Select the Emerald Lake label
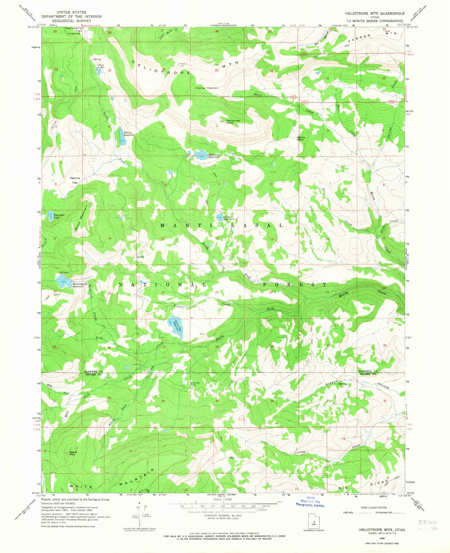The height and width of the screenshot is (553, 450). point(58,216)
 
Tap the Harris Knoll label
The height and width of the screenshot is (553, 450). point(301,138)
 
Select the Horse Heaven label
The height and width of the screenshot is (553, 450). point(207,88)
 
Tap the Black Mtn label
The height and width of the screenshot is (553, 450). point(73,453)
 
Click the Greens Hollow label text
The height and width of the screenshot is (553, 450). point(357,385)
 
